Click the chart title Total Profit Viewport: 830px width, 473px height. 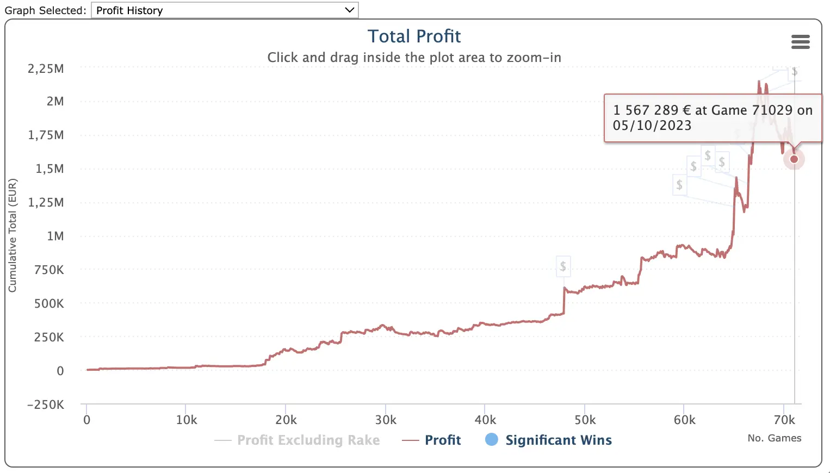pyautogui.click(x=414, y=36)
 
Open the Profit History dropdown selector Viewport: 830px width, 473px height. pyautogui.click(x=224, y=10)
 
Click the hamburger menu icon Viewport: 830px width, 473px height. pyautogui.click(x=800, y=42)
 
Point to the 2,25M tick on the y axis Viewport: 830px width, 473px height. pyautogui.click(x=46, y=69)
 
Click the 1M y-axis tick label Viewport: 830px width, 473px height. pyautogui.click(x=55, y=236)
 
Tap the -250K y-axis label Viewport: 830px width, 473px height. pyautogui.click(x=46, y=405)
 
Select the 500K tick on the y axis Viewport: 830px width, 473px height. pyautogui.click(x=49, y=304)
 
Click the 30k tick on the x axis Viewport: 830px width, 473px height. pyautogui.click(x=386, y=420)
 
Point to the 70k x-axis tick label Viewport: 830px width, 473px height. pyautogui.click(x=784, y=420)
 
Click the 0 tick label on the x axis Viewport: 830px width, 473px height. pyautogui.click(x=86, y=420)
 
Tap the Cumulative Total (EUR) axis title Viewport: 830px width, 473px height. pyautogui.click(x=13, y=235)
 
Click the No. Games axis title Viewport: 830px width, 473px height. pyautogui.click(x=774, y=438)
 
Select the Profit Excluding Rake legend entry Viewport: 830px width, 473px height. pyautogui.click(x=308, y=440)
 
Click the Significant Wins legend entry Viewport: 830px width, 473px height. pyautogui.click(x=558, y=440)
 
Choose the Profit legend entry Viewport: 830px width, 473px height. pyautogui.click(x=442, y=440)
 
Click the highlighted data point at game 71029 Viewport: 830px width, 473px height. pyautogui.click(x=794, y=159)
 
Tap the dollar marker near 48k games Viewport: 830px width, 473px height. pyautogui.click(x=563, y=266)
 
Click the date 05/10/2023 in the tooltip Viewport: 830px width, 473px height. pyautogui.click(x=652, y=126)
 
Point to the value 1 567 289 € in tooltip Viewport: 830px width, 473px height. pyautogui.click(x=652, y=110)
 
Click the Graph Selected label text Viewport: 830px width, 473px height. pyautogui.click(x=45, y=10)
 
